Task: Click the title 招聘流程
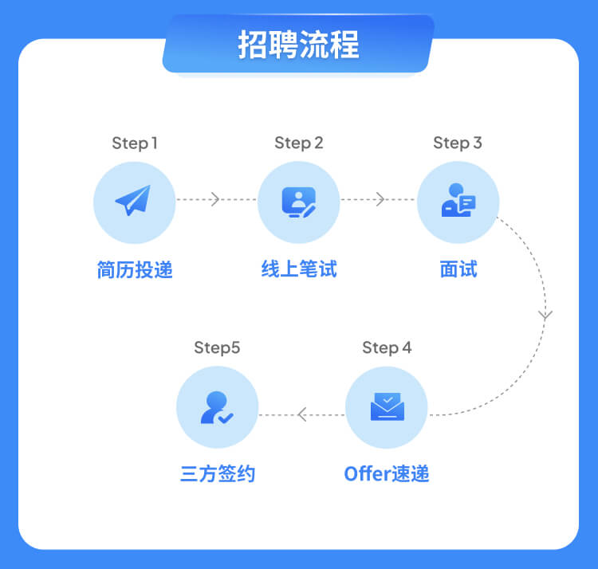tap(298, 45)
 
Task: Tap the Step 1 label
tap(135, 143)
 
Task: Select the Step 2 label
tap(298, 143)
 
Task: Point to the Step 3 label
tap(458, 143)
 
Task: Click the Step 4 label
tap(387, 348)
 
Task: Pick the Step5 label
tap(217, 348)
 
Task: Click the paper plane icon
tap(133, 201)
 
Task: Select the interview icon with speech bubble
tap(458, 202)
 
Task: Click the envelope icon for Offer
tap(387, 406)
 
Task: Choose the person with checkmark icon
tap(217, 406)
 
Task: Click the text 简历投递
tap(135, 270)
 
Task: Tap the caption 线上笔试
tap(299, 270)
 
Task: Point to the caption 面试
tap(458, 270)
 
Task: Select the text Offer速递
tap(387, 474)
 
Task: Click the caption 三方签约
tap(218, 474)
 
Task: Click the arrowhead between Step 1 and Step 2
tap(214, 199)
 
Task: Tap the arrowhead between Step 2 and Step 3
tap(380, 199)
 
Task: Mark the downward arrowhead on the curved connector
tap(545, 316)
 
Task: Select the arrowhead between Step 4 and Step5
tap(301, 414)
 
